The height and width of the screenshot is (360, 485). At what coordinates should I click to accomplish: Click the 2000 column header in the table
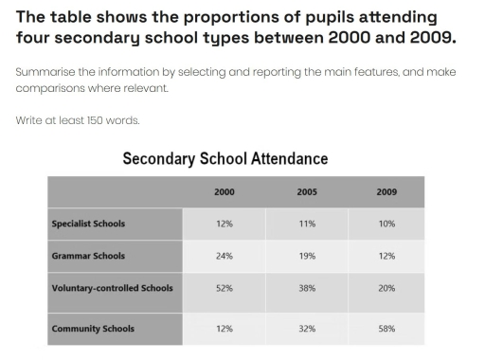(224, 191)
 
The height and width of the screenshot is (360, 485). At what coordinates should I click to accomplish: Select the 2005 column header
(306, 191)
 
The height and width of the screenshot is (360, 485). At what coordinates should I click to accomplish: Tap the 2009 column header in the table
(386, 191)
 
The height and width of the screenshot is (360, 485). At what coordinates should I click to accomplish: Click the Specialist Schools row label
(88, 225)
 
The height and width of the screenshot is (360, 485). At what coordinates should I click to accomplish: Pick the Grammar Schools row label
(88, 256)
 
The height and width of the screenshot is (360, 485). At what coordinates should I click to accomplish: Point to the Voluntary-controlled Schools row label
(112, 288)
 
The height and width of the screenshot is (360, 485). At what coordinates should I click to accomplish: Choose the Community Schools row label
(93, 329)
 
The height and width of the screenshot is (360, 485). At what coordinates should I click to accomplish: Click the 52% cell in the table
(224, 288)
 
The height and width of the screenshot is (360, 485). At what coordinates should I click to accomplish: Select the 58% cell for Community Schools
(386, 329)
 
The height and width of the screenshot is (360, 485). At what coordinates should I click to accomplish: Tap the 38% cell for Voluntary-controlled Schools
(306, 288)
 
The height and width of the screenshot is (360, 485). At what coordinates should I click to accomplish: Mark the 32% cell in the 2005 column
(306, 329)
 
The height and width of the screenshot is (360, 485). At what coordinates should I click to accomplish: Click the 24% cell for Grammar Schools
(224, 256)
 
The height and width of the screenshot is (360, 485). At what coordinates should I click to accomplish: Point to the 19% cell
(306, 256)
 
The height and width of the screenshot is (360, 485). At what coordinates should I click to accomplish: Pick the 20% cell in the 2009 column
(386, 288)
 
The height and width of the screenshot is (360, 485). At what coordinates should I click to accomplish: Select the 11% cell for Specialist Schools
(306, 225)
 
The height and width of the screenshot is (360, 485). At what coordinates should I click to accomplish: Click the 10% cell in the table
(386, 225)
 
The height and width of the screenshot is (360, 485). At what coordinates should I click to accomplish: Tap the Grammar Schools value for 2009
(386, 256)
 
